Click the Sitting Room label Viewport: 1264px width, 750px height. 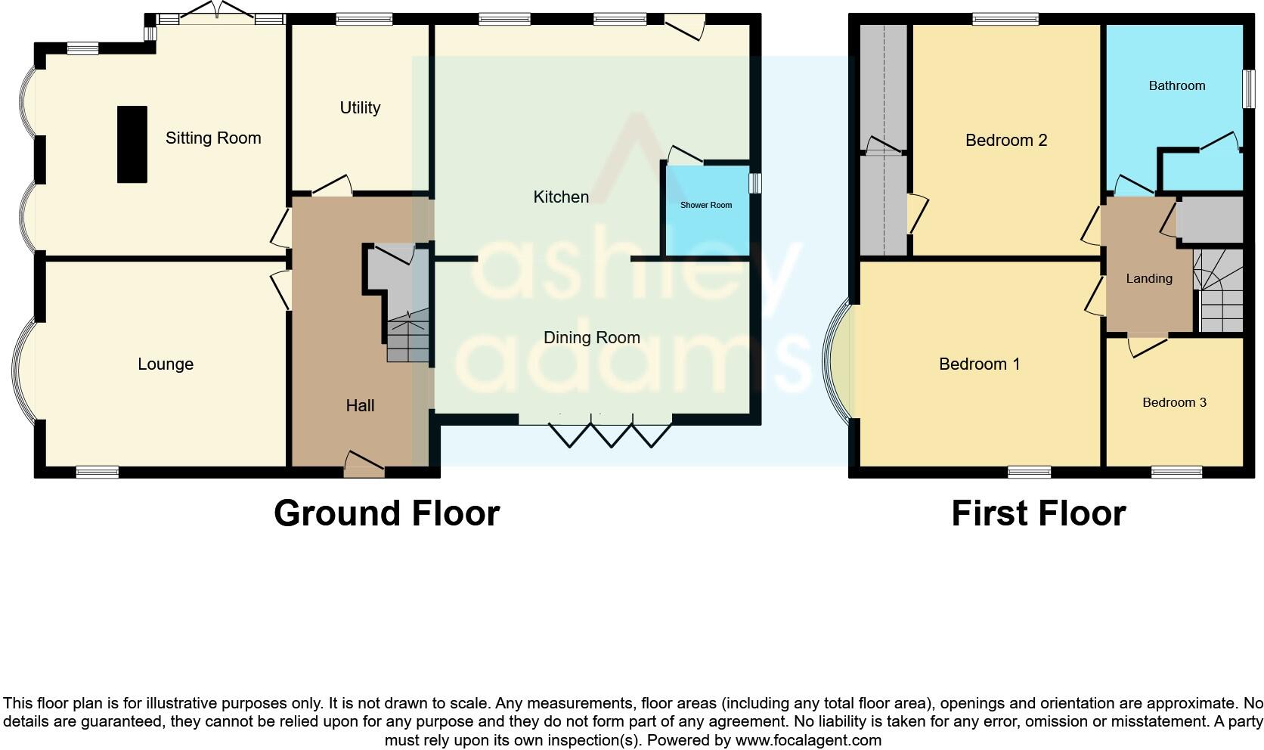pyautogui.click(x=213, y=138)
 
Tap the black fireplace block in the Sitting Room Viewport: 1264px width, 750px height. pyautogui.click(x=132, y=144)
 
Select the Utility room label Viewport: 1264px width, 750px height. pyautogui.click(x=360, y=108)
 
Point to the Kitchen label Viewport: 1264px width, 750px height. pyautogui.click(x=560, y=197)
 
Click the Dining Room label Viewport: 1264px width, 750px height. pyautogui.click(x=591, y=338)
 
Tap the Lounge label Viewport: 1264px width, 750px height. pyautogui.click(x=166, y=364)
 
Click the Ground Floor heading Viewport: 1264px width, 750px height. pyautogui.click(x=386, y=513)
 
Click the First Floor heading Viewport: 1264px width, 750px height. pyautogui.click(x=1038, y=513)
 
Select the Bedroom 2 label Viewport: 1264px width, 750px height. pyautogui.click(x=1005, y=141)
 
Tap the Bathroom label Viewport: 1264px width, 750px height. pyautogui.click(x=1176, y=86)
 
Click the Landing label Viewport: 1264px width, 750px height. pyautogui.click(x=1148, y=279)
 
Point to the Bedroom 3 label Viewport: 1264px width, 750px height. pyautogui.click(x=1173, y=403)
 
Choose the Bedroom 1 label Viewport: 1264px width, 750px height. pyautogui.click(x=979, y=364)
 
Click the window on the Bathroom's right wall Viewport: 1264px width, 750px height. pyautogui.click(x=1249, y=89)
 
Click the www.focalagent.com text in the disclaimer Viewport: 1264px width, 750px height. pyautogui.click(x=808, y=740)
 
